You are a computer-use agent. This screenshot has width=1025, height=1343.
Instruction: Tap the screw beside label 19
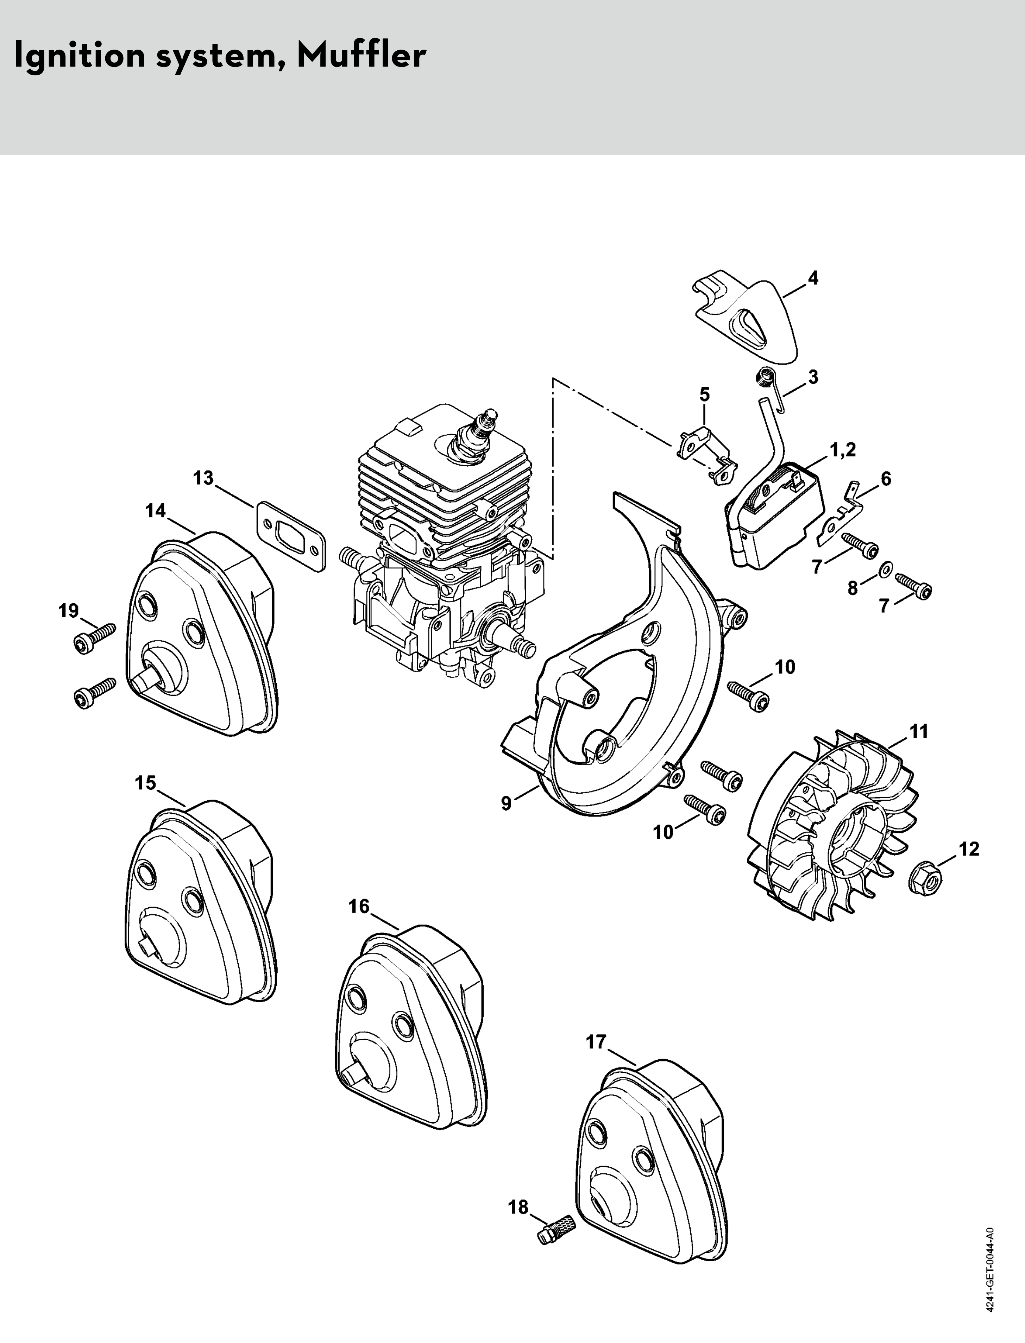pyautogui.click(x=95, y=637)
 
